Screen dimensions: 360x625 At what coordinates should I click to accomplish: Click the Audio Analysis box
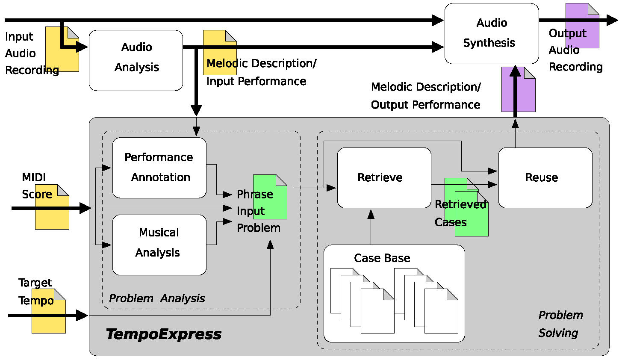click(136, 60)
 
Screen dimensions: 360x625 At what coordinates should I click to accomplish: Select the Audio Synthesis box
click(492, 33)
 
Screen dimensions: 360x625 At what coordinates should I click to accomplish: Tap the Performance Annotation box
click(159, 168)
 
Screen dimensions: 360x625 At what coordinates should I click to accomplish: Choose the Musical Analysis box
click(159, 245)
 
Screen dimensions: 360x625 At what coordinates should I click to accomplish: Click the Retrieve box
click(384, 178)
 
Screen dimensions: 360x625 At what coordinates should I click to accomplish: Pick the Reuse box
click(545, 178)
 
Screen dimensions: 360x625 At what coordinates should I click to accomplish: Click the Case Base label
click(382, 258)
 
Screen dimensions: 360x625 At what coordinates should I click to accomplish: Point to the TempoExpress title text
click(163, 334)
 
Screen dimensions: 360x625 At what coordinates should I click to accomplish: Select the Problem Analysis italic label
click(157, 298)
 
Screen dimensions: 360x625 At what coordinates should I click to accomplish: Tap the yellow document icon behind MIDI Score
click(52, 214)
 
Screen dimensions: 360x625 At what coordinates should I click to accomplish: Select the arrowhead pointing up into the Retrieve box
click(371, 214)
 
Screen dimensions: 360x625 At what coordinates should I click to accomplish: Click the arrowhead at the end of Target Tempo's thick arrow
click(82, 316)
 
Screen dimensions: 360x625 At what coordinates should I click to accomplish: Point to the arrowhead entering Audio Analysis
click(82, 47)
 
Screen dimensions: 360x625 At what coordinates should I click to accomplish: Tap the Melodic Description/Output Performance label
click(426, 96)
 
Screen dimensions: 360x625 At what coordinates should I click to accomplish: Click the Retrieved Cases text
click(460, 213)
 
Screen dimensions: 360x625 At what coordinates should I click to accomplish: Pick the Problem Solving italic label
click(560, 324)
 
